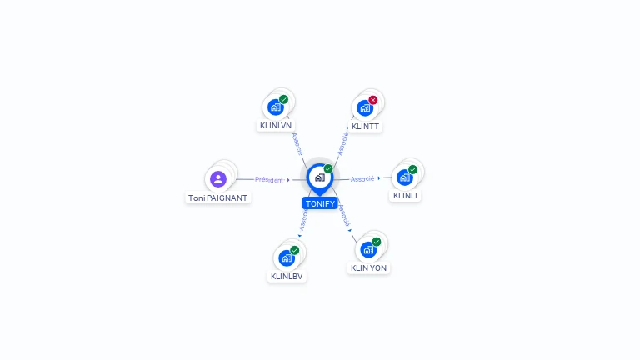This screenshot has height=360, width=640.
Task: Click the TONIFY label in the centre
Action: click(x=320, y=203)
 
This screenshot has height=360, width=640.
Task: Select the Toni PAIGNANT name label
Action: click(x=217, y=198)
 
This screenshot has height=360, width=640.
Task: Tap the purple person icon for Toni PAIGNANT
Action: click(x=218, y=179)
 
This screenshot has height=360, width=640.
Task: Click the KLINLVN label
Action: click(x=276, y=126)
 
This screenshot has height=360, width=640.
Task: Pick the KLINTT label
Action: click(x=365, y=127)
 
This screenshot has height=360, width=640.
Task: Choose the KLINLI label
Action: click(x=405, y=196)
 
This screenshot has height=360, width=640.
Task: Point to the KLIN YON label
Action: click(x=368, y=268)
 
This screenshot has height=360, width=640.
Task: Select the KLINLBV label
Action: click(x=287, y=277)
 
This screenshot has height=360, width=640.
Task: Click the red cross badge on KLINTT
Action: click(x=373, y=100)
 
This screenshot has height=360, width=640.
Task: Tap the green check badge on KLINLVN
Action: click(x=284, y=99)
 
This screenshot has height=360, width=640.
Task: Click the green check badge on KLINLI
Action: click(x=413, y=169)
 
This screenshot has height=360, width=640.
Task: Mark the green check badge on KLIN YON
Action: click(x=377, y=242)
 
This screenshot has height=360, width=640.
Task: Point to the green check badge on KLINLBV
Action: click(x=295, y=250)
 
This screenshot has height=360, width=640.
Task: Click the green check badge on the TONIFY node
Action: click(x=328, y=169)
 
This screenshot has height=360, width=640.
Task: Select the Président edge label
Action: click(x=269, y=179)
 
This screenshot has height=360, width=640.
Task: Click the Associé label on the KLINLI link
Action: click(x=362, y=179)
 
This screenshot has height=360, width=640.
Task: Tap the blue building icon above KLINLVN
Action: click(x=275, y=107)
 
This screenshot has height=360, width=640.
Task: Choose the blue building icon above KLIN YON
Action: click(x=367, y=250)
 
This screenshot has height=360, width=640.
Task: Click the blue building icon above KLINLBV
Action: click(x=287, y=258)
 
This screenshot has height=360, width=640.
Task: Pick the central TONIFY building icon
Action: click(x=319, y=177)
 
